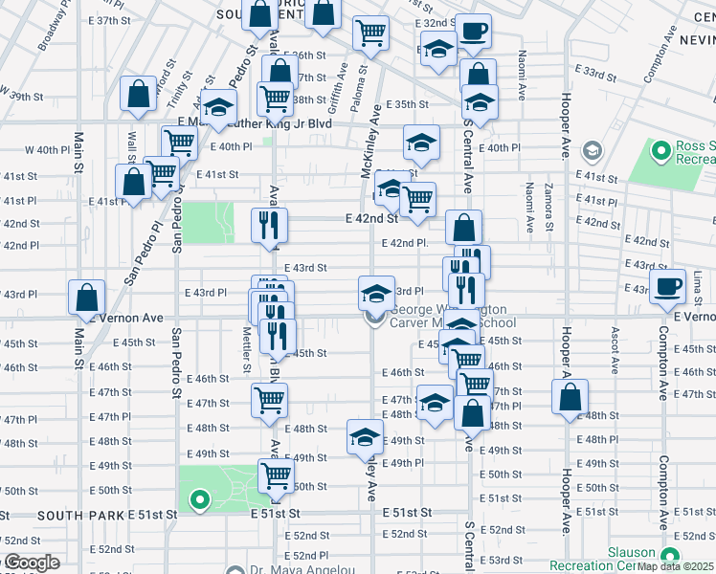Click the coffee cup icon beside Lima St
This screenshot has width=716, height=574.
(x=667, y=286)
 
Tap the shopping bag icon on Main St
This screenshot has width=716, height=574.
(x=87, y=298)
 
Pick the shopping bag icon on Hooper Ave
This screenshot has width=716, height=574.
(x=570, y=398)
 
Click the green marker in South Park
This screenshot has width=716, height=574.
(x=200, y=498)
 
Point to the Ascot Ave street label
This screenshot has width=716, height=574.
(x=614, y=349)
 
